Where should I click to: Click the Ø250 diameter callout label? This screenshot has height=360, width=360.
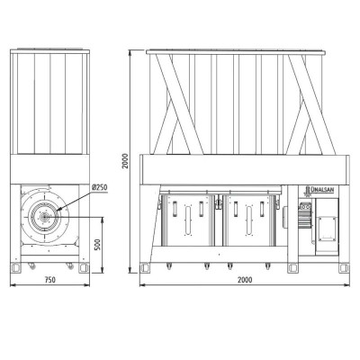pyautogui.click(x=100, y=188)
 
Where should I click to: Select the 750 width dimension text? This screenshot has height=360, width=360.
pyautogui.click(x=50, y=280)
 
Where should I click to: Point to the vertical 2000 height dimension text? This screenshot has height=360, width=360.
pyautogui.click(x=125, y=161)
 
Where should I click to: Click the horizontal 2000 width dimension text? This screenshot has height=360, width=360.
pyautogui.click(x=245, y=280)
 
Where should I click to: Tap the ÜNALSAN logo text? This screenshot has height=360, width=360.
pyautogui.click(x=321, y=190)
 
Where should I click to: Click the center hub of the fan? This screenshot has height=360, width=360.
pyautogui.click(x=45, y=217)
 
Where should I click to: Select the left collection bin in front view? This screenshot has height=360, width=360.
pyautogui.click(x=188, y=220)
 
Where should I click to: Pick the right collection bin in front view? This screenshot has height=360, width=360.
pyautogui.click(x=249, y=220)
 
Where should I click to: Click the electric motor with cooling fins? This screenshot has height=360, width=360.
pyautogui.click(x=303, y=215)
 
